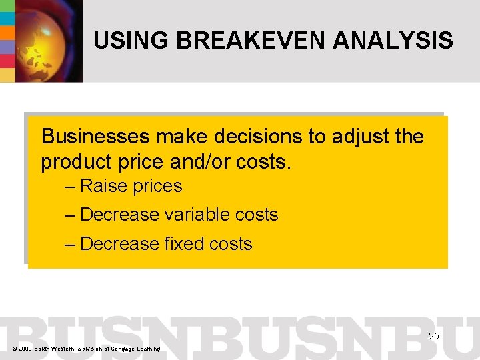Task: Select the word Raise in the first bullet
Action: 103,186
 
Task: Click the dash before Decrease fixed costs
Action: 70,244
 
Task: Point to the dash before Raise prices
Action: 70,186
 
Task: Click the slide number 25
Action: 433,336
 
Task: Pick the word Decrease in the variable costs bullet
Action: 119,215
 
